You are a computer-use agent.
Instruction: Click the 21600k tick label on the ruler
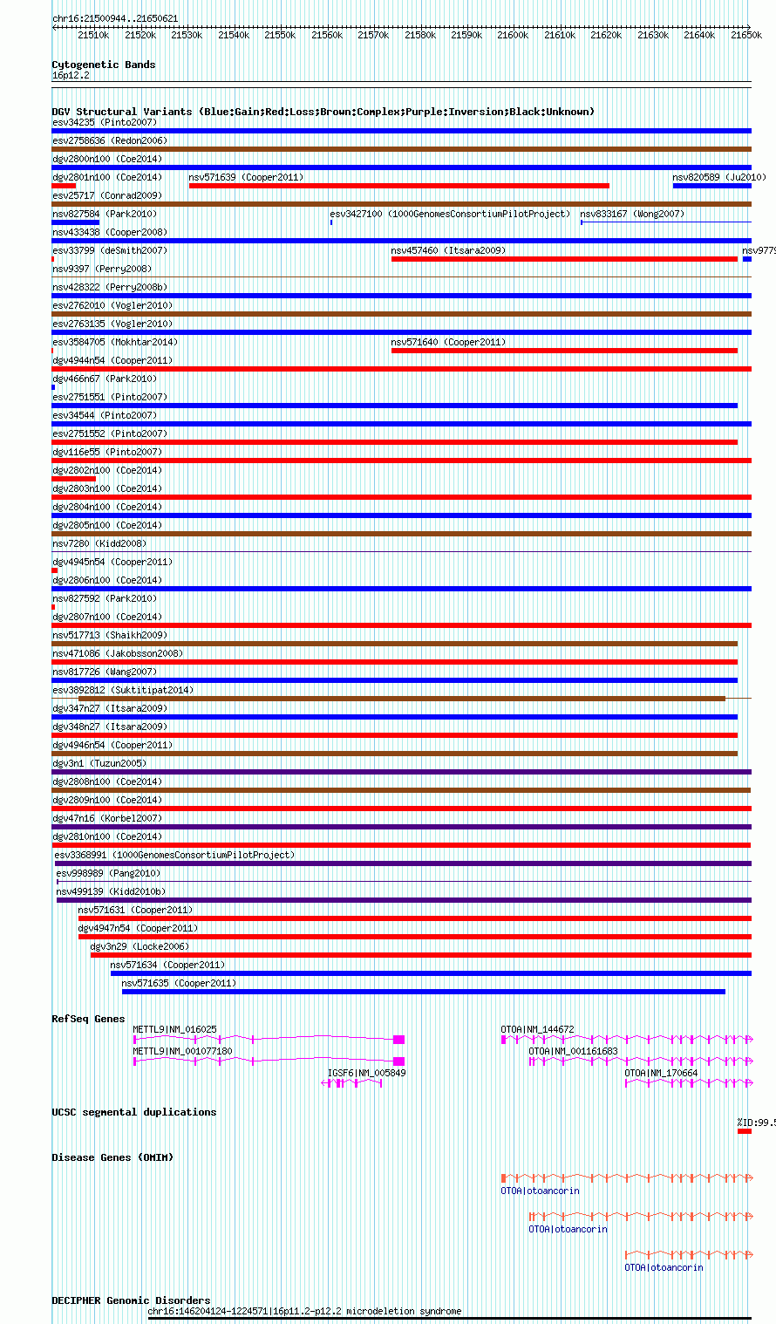[x=513, y=35]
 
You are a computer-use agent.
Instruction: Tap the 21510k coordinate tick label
[x=93, y=35]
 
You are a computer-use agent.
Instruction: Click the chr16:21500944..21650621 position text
[x=115, y=18]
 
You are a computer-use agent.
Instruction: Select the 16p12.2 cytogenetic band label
[x=71, y=75]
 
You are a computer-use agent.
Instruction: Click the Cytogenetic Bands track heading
[x=104, y=65]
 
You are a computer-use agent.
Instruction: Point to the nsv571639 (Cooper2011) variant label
[x=246, y=177]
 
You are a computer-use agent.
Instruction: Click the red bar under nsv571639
[x=398, y=186]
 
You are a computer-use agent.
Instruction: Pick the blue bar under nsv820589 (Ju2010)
[x=711, y=186]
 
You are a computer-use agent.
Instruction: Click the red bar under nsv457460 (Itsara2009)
[x=564, y=259]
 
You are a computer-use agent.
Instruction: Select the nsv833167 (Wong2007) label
[x=632, y=214]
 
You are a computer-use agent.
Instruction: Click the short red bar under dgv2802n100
[x=74, y=479]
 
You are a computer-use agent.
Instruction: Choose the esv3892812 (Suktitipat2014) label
[x=123, y=690]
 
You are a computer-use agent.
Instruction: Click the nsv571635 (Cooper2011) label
[x=179, y=983]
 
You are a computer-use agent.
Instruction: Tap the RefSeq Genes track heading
[x=88, y=1019]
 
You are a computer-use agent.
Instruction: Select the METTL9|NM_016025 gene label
[x=174, y=1029]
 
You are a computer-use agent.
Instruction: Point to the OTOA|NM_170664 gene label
[x=661, y=1073]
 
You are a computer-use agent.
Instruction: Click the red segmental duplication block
[x=744, y=1131]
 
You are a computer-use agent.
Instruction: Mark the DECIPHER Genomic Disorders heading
[x=131, y=1300]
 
